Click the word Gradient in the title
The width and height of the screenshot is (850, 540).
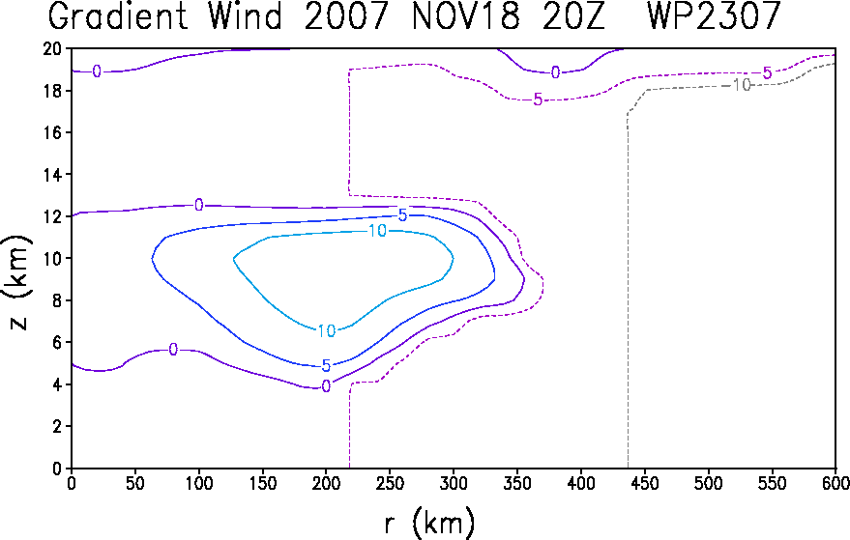(118, 15)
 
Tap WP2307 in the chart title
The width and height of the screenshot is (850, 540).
(714, 15)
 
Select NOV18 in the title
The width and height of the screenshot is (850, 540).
(466, 15)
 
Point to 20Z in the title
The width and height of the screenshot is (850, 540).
(573, 15)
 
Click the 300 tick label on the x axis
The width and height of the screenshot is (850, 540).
(454, 483)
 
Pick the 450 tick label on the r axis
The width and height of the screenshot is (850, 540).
(645, 483)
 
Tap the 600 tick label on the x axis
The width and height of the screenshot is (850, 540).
(835, 483)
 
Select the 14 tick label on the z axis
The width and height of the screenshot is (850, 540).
(52, 175)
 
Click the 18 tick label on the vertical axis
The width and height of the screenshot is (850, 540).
(52, 91)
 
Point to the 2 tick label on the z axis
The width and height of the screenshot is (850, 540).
(57, 426)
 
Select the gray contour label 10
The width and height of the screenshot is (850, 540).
(742, 85)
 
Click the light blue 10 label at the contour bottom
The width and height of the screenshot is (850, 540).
(326, 331)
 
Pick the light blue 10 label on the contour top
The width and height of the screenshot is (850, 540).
(377, 231)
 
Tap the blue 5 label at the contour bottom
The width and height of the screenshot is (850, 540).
(326, 366)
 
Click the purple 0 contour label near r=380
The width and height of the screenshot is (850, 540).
(555, 72)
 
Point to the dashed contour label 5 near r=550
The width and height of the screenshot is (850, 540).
(767, 72)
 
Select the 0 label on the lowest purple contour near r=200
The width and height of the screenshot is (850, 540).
(326, 386)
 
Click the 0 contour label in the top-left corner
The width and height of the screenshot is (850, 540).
(97, 71)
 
